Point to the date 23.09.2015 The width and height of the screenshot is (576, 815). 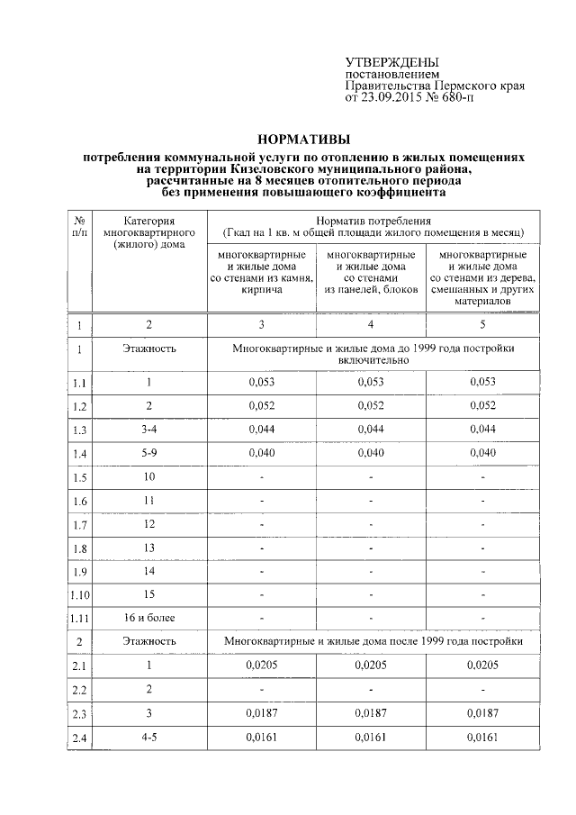point(392,98)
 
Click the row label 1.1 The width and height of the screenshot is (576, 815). point(79,384)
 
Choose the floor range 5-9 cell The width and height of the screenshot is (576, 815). point(149,453)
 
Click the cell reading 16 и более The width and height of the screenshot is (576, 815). point(149,618)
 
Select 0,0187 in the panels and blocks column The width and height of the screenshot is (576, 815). point(370,712)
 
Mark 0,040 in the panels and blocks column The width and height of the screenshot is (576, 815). point(370,453)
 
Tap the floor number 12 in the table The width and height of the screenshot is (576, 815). point(149,524)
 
